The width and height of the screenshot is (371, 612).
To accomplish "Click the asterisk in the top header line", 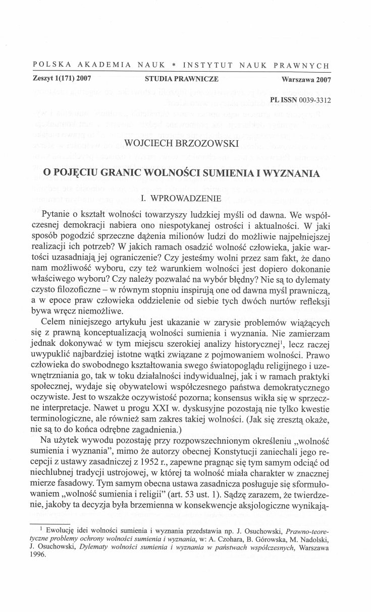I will (x=173, y=66).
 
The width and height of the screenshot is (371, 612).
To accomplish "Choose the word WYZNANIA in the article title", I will (x=293, y=173).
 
